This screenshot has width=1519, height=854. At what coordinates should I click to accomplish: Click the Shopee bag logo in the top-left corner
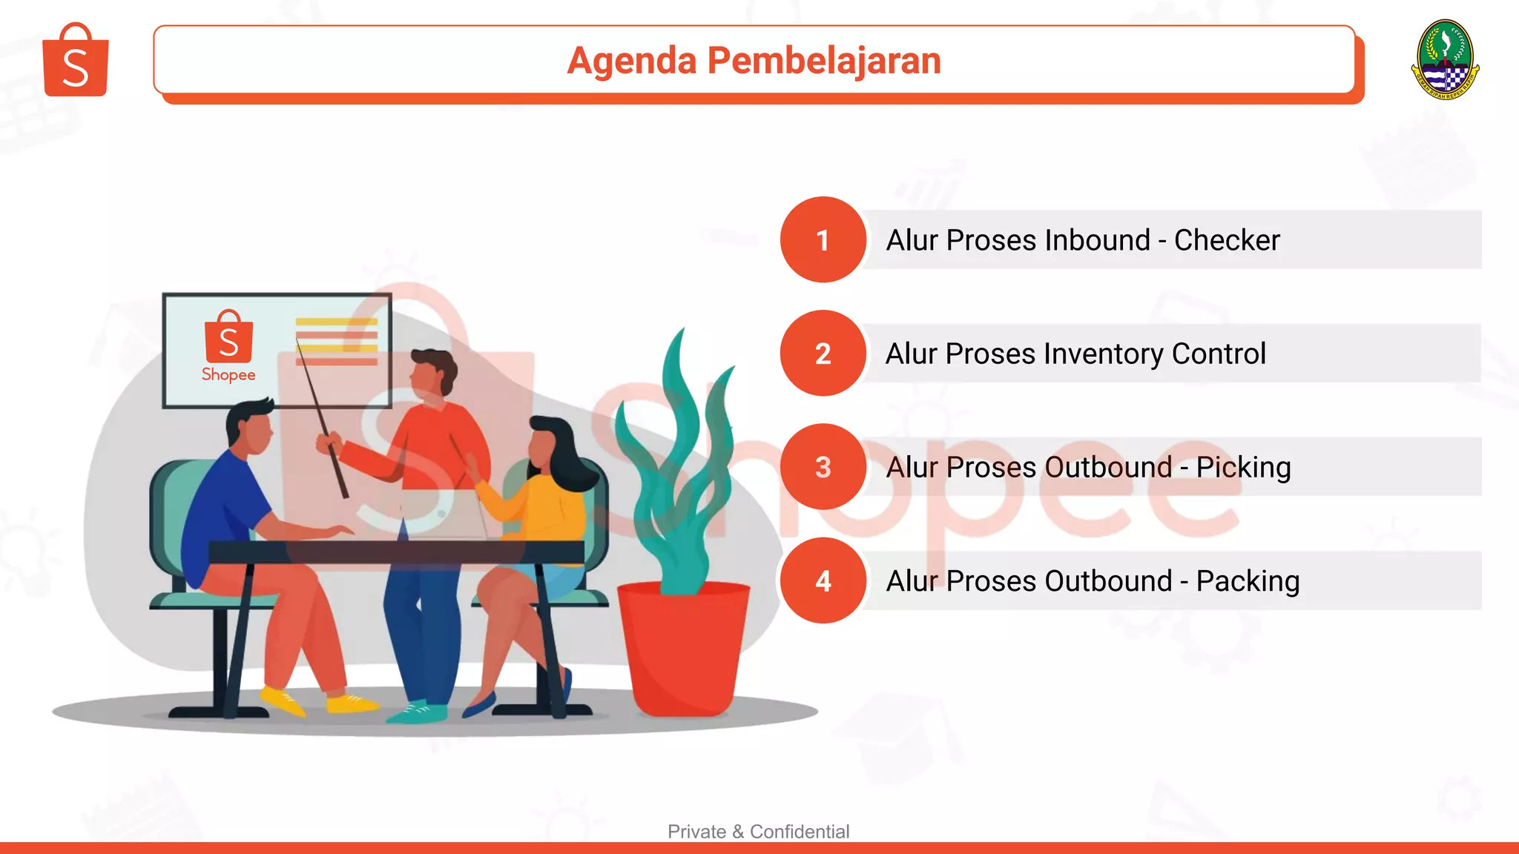(x=76, y=61)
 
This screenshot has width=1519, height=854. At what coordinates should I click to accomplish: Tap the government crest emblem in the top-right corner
(x=1445, y=59)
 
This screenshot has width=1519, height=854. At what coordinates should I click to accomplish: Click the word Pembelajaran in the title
(x=823, y=61)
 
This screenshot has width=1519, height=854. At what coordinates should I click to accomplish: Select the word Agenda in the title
(x=631, y=61)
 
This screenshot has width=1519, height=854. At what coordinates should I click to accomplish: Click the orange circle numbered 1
(x=823, y=239)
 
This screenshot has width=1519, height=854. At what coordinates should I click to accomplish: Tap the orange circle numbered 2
(x=823, y=354)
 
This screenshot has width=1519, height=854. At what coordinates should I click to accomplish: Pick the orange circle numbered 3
(x=823, y=467)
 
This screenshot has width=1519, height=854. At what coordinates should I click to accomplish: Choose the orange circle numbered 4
(x=823, y=580)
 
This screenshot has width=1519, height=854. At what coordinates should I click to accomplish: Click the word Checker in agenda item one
(x=1227, y=240)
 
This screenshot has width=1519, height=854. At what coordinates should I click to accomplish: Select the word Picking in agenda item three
(x=1243, y=468)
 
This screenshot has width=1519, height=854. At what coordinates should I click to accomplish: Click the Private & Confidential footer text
(x=758, y=831)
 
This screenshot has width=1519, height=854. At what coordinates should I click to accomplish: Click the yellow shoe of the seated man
(x=283, y=700)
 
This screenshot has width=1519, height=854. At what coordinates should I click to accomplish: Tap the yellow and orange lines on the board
(x=337, y=341)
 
